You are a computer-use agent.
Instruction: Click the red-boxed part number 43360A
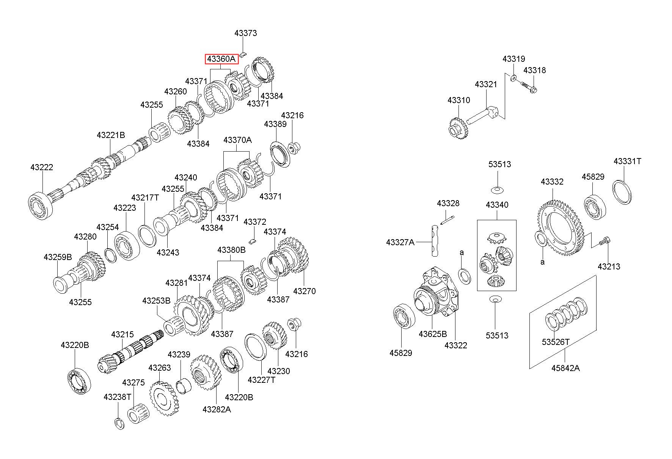click(x=222, y=59)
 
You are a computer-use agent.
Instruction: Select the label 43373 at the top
click(x=245, y=33)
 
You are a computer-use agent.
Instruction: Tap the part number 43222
click(x=42, y=167)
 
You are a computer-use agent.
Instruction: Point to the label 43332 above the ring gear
click(x=552, y=182)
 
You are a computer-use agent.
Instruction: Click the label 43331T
click(x=627, y=161)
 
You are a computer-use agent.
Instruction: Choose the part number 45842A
click(x=565, y=368)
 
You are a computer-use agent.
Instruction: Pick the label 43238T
click(x=117, y=397)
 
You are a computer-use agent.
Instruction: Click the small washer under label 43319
click(x=513, y=78)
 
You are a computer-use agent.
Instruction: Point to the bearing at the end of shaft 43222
click(x=39, y=207)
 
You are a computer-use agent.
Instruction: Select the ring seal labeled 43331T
click(x=622, y=192)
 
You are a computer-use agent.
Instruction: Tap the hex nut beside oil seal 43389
click(x=294, y=147)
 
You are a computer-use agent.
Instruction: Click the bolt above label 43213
click(x=605, y=241)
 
